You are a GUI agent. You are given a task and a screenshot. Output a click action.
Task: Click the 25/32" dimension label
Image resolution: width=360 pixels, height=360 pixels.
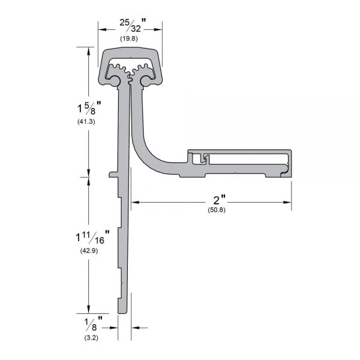point(133,25)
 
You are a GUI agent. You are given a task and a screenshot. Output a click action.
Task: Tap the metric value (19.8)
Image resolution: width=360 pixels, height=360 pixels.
point(129,38)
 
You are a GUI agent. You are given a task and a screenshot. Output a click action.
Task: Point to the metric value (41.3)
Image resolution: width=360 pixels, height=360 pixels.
point(86,121)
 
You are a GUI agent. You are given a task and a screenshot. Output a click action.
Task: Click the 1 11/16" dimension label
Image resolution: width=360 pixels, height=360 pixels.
point(92,238)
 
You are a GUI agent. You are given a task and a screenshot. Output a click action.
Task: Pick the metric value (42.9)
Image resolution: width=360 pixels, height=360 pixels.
point(89,251)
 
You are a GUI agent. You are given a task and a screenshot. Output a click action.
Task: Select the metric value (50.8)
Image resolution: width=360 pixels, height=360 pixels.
point(217,210)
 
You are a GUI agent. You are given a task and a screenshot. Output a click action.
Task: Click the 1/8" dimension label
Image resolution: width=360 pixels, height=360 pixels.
point(94,323)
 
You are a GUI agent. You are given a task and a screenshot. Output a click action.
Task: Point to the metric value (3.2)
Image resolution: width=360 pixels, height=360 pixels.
point(91,338)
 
